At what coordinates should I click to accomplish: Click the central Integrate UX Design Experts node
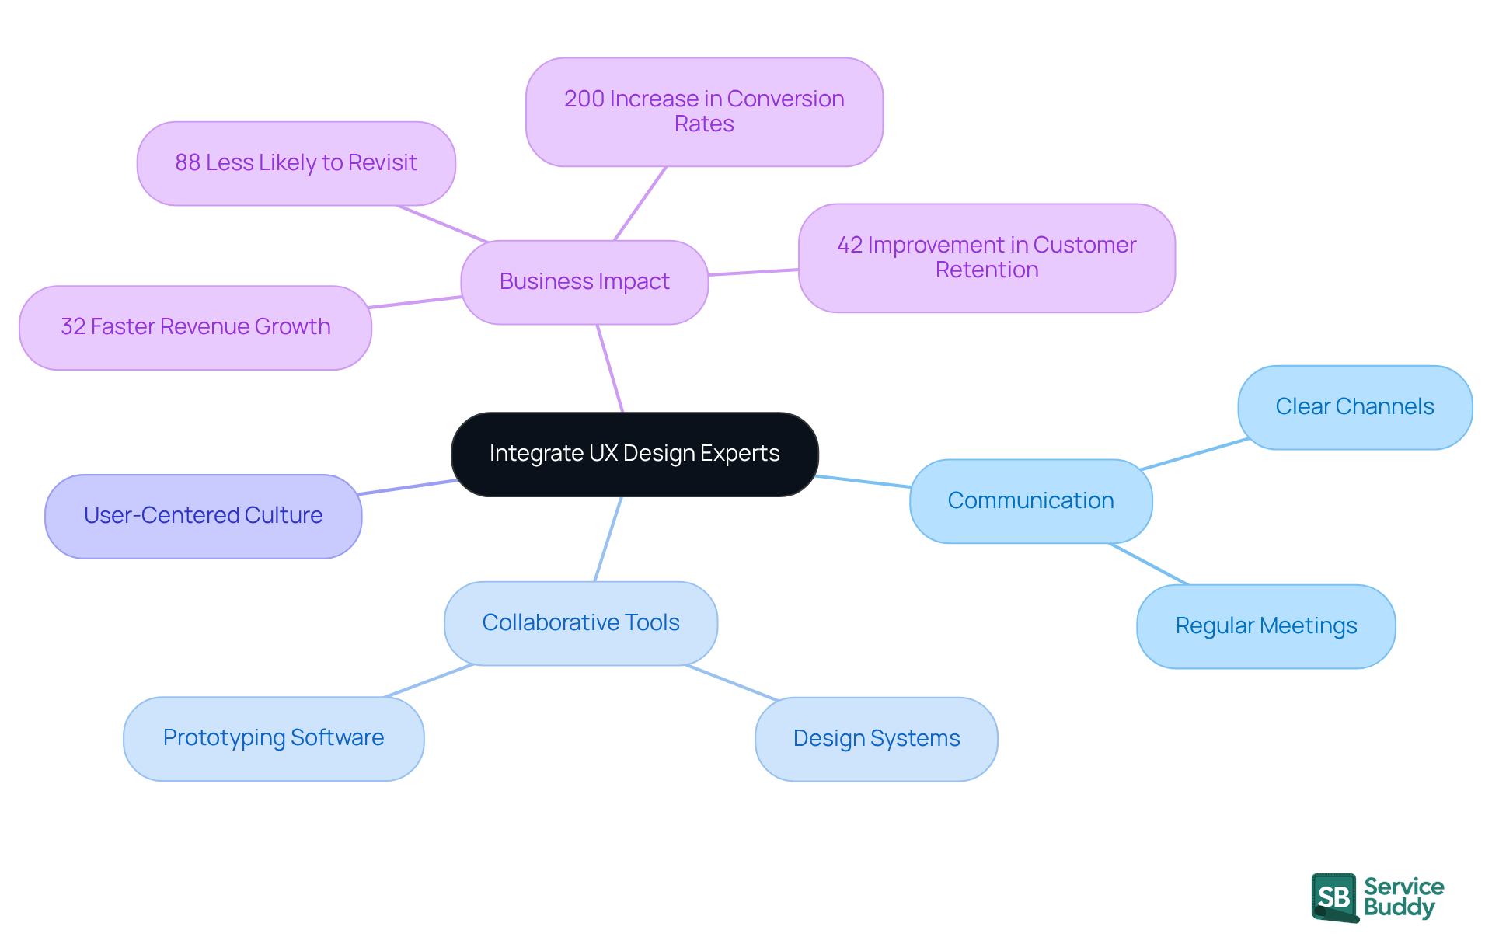634,454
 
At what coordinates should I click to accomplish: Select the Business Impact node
584,282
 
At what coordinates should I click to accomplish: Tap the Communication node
1030,501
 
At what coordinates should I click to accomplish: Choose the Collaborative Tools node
580,623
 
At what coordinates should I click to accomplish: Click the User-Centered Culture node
203,516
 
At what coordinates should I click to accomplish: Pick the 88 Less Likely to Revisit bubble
296,163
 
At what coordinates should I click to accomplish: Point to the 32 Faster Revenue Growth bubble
195,327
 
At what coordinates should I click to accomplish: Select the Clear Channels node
1354,407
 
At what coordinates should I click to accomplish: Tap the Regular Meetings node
1266,626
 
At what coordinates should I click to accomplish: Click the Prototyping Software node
274,738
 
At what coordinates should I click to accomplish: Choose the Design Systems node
876,739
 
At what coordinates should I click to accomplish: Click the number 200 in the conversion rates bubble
584,99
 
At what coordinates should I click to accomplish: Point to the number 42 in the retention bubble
849,246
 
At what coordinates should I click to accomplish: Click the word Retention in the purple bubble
986,270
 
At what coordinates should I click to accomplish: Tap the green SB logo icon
1334,897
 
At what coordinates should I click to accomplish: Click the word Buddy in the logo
1399,907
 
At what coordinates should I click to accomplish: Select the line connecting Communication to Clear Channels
1194,455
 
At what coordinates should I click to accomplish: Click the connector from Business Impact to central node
610,368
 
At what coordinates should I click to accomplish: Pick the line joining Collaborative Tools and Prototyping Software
429,681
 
